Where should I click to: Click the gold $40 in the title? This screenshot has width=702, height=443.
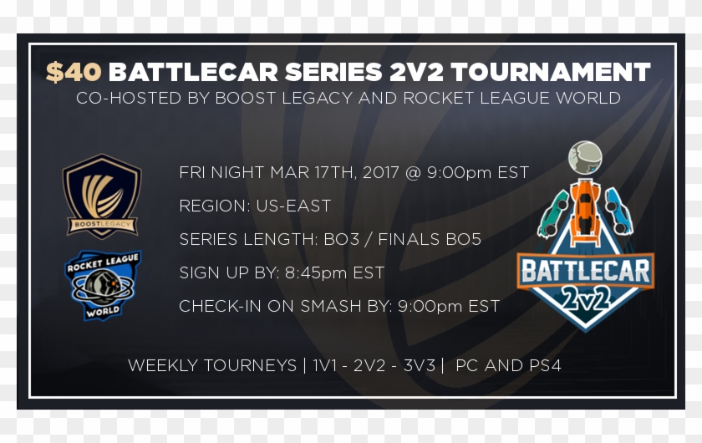[74, 72]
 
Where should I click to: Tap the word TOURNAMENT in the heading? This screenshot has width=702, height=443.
[551, 72]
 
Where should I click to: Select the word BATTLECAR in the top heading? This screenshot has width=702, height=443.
[193, 72]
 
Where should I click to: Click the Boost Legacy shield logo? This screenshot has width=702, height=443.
[102, 196]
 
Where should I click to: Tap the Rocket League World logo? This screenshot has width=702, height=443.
[103, 285]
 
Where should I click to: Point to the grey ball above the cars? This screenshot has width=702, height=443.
[585, 158]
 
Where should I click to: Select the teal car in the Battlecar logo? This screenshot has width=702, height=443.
[554, 214]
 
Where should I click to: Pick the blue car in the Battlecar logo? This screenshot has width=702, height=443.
[619, 211]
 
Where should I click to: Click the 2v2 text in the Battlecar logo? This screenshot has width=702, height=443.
[586, 298]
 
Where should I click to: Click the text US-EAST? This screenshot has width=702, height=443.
[293, 206]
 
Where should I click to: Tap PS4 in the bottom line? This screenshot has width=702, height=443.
[545, 365]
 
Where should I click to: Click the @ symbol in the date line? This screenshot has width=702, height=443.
[413, 173]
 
